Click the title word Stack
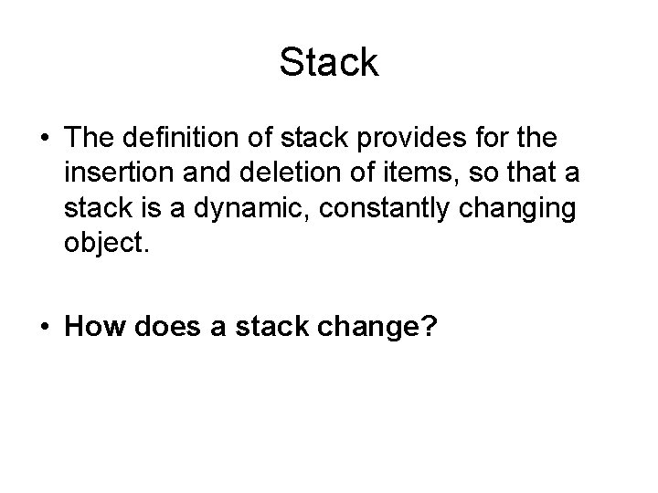point(329,63)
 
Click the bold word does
point(165,327)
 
